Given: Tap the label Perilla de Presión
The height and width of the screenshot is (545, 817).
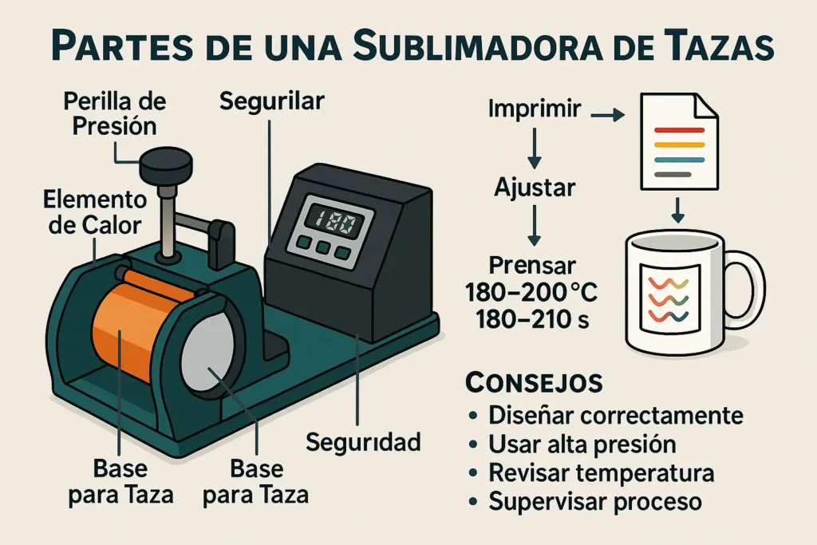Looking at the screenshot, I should tap(116, 114).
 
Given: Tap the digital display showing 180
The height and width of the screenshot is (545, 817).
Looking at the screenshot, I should tap(338, 220).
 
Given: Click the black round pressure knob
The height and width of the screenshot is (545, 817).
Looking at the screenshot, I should tap(166, 166).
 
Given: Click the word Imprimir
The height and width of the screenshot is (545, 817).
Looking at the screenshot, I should tap(534, 110).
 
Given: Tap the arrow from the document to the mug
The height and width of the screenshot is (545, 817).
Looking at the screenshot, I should tap(677, 209).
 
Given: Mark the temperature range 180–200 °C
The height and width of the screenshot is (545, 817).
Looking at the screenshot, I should tap(531, 293).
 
